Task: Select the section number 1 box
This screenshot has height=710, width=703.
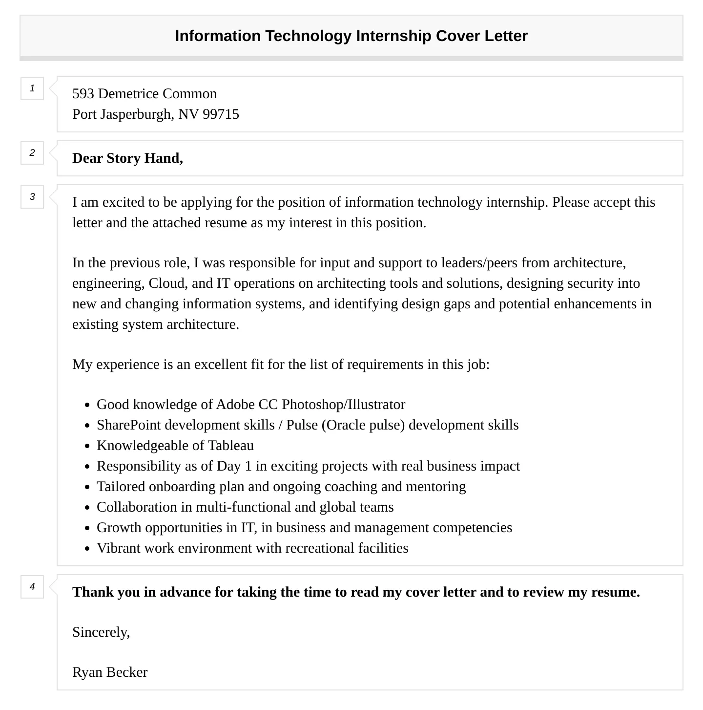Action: (x=32, y=88)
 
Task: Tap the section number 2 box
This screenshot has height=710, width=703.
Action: (x=32, y=153)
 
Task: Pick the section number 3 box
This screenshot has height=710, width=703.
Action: (x=32, y=197)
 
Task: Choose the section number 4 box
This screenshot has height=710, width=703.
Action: (x=32, y=587)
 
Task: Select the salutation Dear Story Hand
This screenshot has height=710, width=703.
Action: (x=127, y=158)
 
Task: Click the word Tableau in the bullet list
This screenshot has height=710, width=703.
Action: (x=231, y=446)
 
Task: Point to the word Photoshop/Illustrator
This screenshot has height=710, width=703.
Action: (x=343, y=405)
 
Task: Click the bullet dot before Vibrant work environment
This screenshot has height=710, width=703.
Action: (x=87, y=549)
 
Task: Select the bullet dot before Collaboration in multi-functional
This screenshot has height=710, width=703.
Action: (x=87, y=508)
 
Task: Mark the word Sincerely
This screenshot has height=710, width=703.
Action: (x=101, y=632)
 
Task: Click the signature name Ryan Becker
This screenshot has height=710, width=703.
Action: (x=110, y=672)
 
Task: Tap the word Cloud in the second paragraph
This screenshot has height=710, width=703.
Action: (x=167, y=283)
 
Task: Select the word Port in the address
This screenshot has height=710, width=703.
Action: (x=84, y=114)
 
